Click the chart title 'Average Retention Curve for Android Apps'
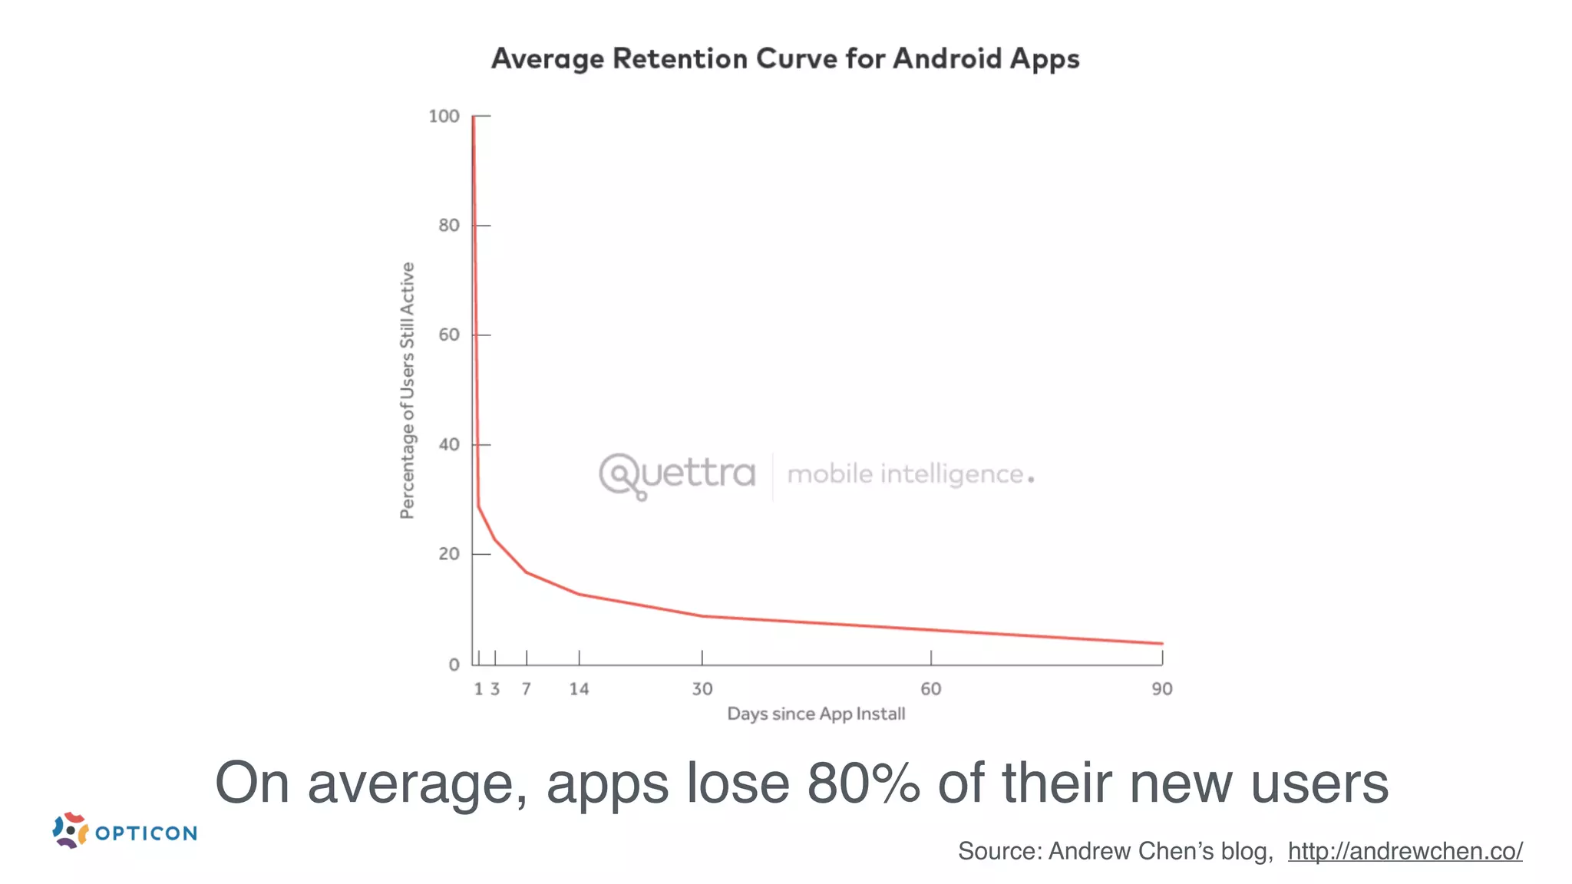pyautogui.click(x=785, y=59)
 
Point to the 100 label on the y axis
pyautogui.click(x=444, y=117)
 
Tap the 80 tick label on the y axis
pyautogui.click(x=449, y=226)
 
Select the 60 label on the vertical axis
pyautogui.click(x=449, y=335)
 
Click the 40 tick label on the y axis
pyautogui.click(x=449, y=445)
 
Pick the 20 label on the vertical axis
pyautogui.click(x=449, y=554)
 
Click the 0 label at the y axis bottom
pyautogui.click(x=454, y=665)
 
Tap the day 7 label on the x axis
pyautogui.click(x=527, y=689)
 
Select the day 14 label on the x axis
pyautogui.click(x=579, y=689)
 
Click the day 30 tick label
pyautogui.click(x=702, y=689)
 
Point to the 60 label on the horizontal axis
pyautogui.click(x=930, y=689)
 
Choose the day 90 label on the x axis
pyautogui.click(x=1161, y=689)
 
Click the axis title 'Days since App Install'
pyautogui.click(x=816, y=714)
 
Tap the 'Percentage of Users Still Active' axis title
pyautogui.click(x=408, y=391)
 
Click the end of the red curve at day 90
pyautogui.click(x=1161, y=643)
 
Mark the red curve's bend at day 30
pyautogui.click(x=702, y=615)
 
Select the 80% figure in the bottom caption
pyautogui.click(x=863, y=783)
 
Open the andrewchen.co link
pyautogui.click(x=1405, y=851)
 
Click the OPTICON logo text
pyautogui.click(x=146, y=833)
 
